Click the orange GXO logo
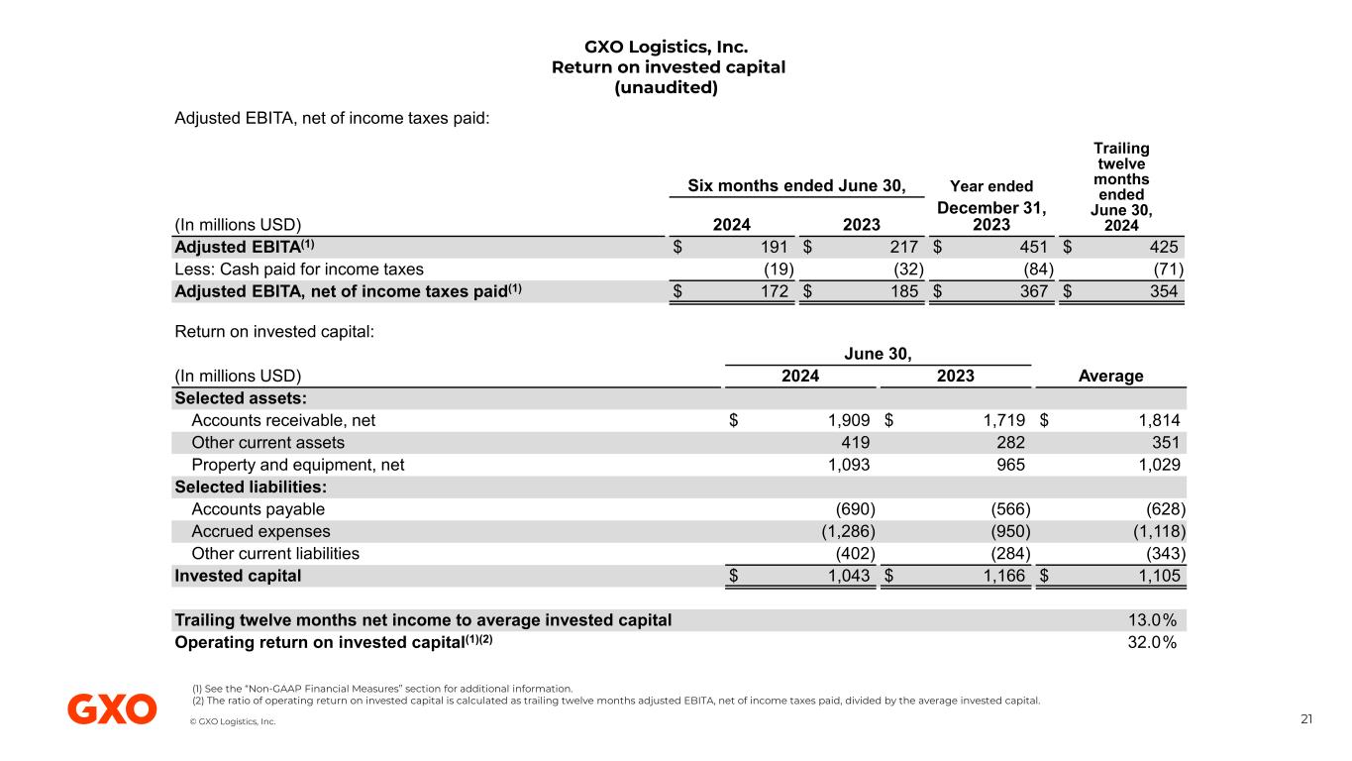click(x=112, y=709)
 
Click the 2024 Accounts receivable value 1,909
click(x=850, y=420)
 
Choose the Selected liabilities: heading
click(x=251, y=487)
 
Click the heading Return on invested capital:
click(x=274, y=332)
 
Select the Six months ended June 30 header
click(x=795, y=185)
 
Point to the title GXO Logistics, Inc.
click(x=666, y=47)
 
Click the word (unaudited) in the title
click(x=667, y=88)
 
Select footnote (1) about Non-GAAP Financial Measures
click(x=382, y=688)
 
